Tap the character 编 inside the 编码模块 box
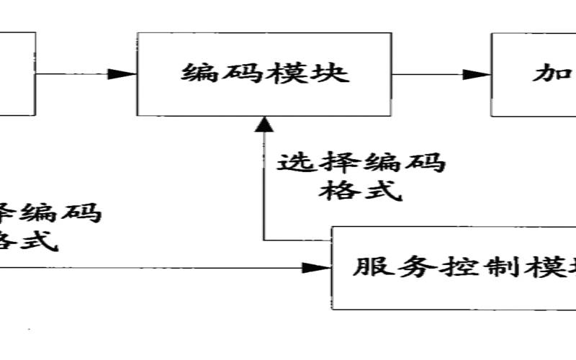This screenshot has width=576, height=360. [199, 73]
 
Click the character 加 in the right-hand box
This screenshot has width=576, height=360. [551, 74]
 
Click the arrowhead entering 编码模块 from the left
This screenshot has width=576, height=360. [124, 73]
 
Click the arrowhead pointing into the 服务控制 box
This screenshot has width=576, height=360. [315, 268]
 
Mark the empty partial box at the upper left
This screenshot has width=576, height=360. [16, 73]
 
